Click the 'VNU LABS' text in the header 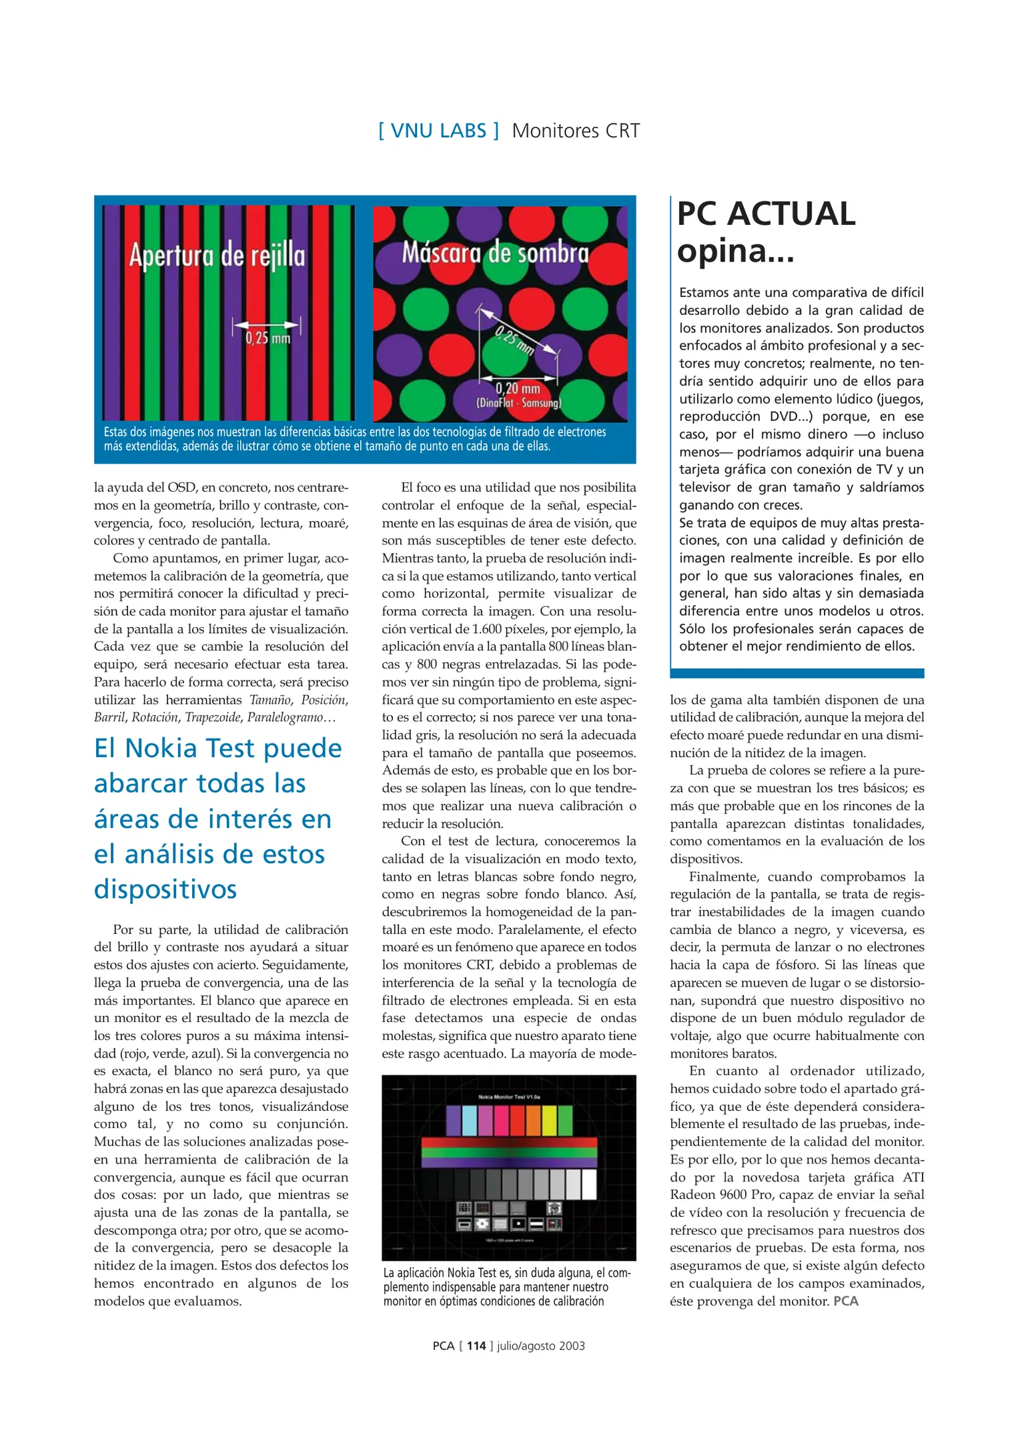[438, 131]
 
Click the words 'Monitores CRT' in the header [576, 131]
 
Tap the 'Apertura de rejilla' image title [217, 256]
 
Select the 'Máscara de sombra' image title [496, 253]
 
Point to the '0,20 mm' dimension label [518, 388]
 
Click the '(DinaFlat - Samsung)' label [518, 403]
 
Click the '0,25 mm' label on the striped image [268, 338]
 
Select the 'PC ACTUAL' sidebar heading [766, 214]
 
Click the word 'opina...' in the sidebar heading [735, 251]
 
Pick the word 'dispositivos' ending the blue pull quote [165, 889]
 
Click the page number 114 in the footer [476, 1346]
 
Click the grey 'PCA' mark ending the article [846, 1301]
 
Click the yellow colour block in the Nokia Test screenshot [549, 1121]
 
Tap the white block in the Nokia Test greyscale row [588, 1184]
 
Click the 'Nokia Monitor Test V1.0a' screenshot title [509, 1097]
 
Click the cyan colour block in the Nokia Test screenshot [470, 1121]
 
